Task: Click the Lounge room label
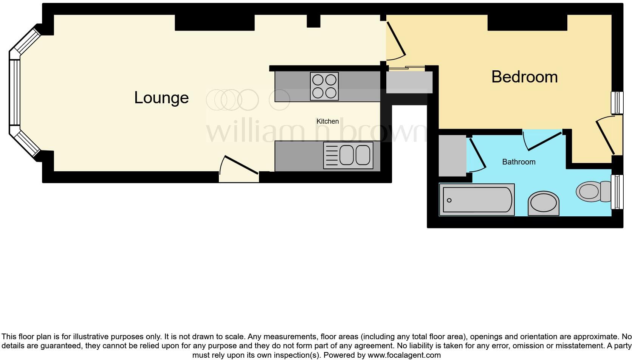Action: coord(161,98)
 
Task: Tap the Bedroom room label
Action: coord(524,77)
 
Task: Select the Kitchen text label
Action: coord(327,121)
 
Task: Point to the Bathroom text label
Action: coord(519,162)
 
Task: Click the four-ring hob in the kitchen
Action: coord(324,86)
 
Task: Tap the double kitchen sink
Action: coord(348,155)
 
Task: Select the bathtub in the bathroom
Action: coord(477,200)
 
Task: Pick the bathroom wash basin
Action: coord(544,203)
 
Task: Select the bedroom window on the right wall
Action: coord(617,102)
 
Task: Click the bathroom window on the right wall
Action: coord(617,192)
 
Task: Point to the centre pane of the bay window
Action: coord(15,92)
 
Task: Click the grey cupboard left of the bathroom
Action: coord(452,155)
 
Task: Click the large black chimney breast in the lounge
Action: coord(214,23)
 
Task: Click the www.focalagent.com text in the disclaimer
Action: coord(404,355)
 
